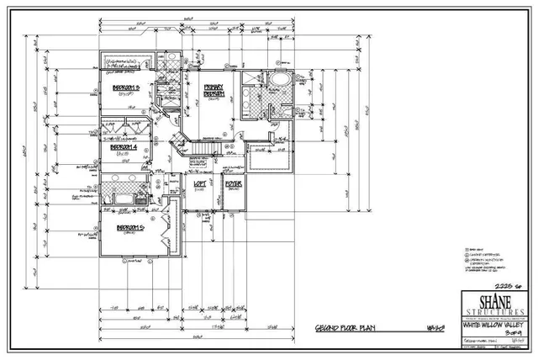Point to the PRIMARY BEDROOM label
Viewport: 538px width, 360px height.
pos(214,93)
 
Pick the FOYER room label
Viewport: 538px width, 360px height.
pos(233,183)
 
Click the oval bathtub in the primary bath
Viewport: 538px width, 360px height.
pos(278,82)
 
